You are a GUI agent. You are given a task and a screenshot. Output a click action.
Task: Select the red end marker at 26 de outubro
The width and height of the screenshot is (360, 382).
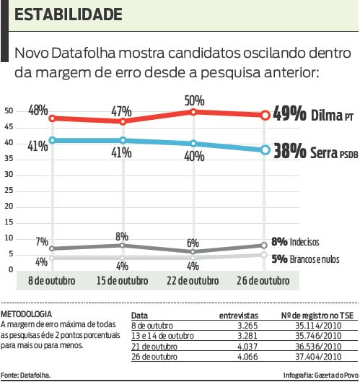[x=265, y=115]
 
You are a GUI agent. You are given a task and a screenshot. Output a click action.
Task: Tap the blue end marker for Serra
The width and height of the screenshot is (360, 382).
[x=265, y=150]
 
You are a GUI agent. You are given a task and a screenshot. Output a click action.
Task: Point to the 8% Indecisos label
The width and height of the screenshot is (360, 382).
[x=295, y=241]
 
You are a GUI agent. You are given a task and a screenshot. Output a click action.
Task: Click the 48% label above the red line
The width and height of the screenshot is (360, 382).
[x=38, y=110]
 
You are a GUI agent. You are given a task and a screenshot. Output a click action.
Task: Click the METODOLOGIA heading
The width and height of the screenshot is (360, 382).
[x=27, y=315]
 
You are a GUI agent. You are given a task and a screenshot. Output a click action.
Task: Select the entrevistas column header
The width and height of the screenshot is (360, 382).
[x=238, y=316]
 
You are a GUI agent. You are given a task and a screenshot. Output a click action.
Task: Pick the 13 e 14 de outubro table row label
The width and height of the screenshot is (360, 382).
[x=163, y=336]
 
